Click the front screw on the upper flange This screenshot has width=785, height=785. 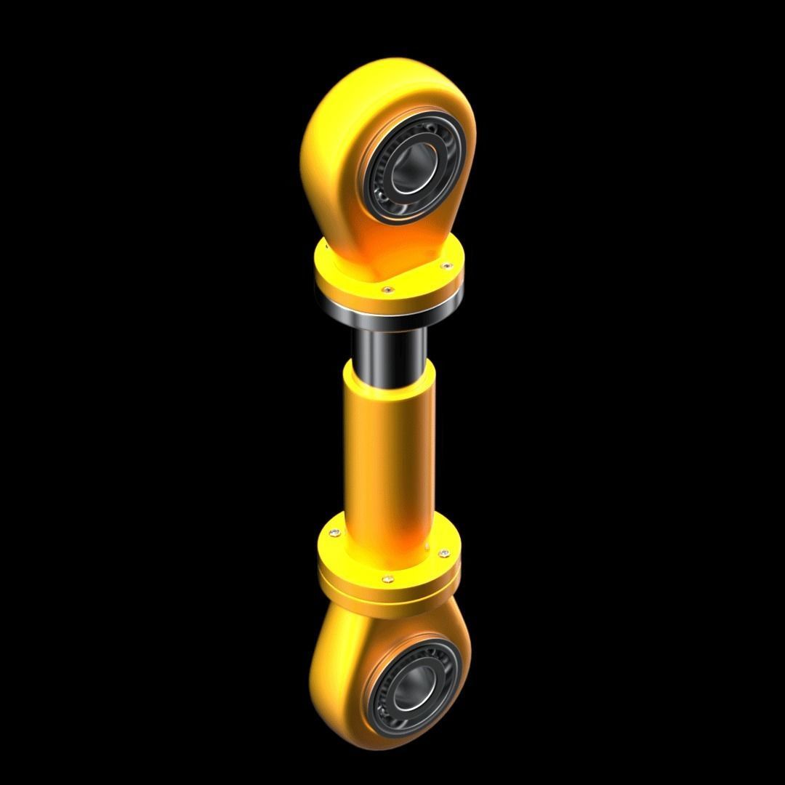(388, 290)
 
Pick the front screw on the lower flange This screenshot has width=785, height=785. (388, 579)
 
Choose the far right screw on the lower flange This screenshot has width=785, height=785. (444, 555)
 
